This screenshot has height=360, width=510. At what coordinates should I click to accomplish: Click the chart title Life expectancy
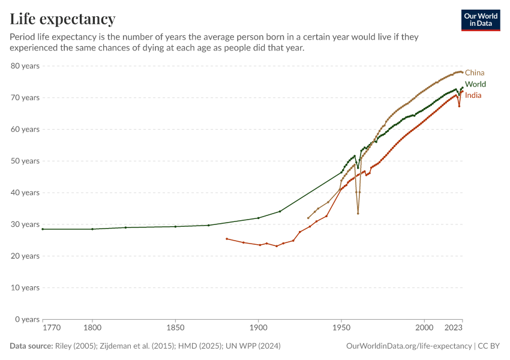tap(62, 19)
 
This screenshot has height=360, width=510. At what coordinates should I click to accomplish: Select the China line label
tap(475, 73)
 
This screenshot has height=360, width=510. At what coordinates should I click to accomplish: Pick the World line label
tap(475, 84)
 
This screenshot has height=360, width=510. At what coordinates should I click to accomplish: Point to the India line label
tap(473, 95)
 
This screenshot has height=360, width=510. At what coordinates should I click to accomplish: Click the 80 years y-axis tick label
tap(25, 66)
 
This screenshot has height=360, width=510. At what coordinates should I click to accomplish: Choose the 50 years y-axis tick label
tap(25, 161)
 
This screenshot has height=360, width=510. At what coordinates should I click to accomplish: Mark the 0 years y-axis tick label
tap(27, 319)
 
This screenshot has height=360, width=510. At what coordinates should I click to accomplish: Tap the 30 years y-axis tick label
tap(25, 224)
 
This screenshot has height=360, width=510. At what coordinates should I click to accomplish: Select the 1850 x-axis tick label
tap(175, 328)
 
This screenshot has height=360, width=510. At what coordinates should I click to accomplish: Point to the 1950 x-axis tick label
tap(341, 328)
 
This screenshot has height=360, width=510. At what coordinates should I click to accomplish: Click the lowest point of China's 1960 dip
tap(358, 214)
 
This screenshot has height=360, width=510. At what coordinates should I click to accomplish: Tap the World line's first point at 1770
tap(43, 229)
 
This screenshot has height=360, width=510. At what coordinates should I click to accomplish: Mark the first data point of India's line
tap(227, 239)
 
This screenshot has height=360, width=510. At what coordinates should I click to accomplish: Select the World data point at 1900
tap(258, 218)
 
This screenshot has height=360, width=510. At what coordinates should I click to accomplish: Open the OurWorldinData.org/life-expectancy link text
tap(409, 346)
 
